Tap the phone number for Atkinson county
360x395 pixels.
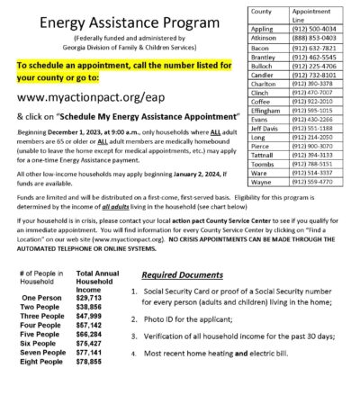316,39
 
